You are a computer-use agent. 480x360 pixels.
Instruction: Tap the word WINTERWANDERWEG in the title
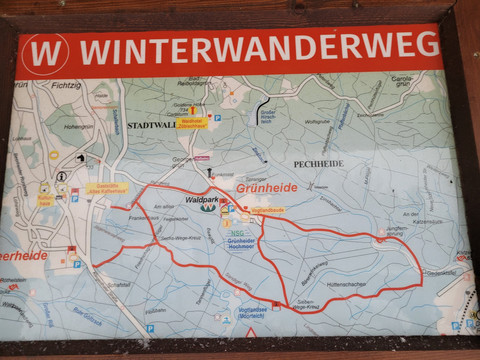coord(258,47)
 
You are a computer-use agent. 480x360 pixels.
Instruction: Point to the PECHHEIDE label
coord(318,162)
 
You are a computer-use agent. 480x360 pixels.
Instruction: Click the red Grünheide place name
coord(268,185)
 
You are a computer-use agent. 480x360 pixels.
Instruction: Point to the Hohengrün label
coord(78,127)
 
